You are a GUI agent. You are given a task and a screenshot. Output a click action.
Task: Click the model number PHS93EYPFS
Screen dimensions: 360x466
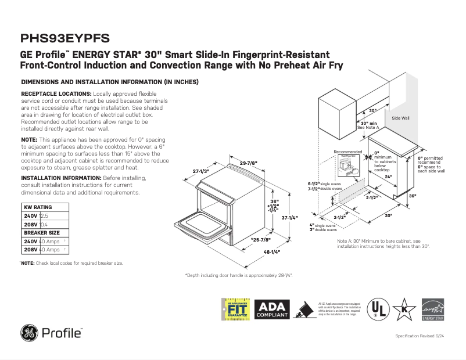(64, 39)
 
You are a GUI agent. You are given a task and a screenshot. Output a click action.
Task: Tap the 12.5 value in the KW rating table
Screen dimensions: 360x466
(44, 215)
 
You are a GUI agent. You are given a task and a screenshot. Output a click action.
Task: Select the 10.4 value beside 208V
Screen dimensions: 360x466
(44, 224)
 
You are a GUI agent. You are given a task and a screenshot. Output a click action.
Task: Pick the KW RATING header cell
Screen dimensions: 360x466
(37, 207)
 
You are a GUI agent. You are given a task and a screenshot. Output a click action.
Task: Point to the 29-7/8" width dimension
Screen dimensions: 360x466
(249, 162)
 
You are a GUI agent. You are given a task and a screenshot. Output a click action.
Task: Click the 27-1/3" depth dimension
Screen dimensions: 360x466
(200, 171)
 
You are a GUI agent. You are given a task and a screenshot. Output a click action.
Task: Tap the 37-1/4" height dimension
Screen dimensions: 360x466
(289, 218)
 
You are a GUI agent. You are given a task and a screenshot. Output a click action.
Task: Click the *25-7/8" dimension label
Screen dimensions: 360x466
(259, 240)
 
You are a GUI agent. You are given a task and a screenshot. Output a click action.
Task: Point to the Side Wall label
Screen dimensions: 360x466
(400, 118)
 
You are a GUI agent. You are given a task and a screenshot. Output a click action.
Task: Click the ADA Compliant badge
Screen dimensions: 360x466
(272, 308)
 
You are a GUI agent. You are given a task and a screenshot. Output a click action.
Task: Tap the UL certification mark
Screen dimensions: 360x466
(378, 308)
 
